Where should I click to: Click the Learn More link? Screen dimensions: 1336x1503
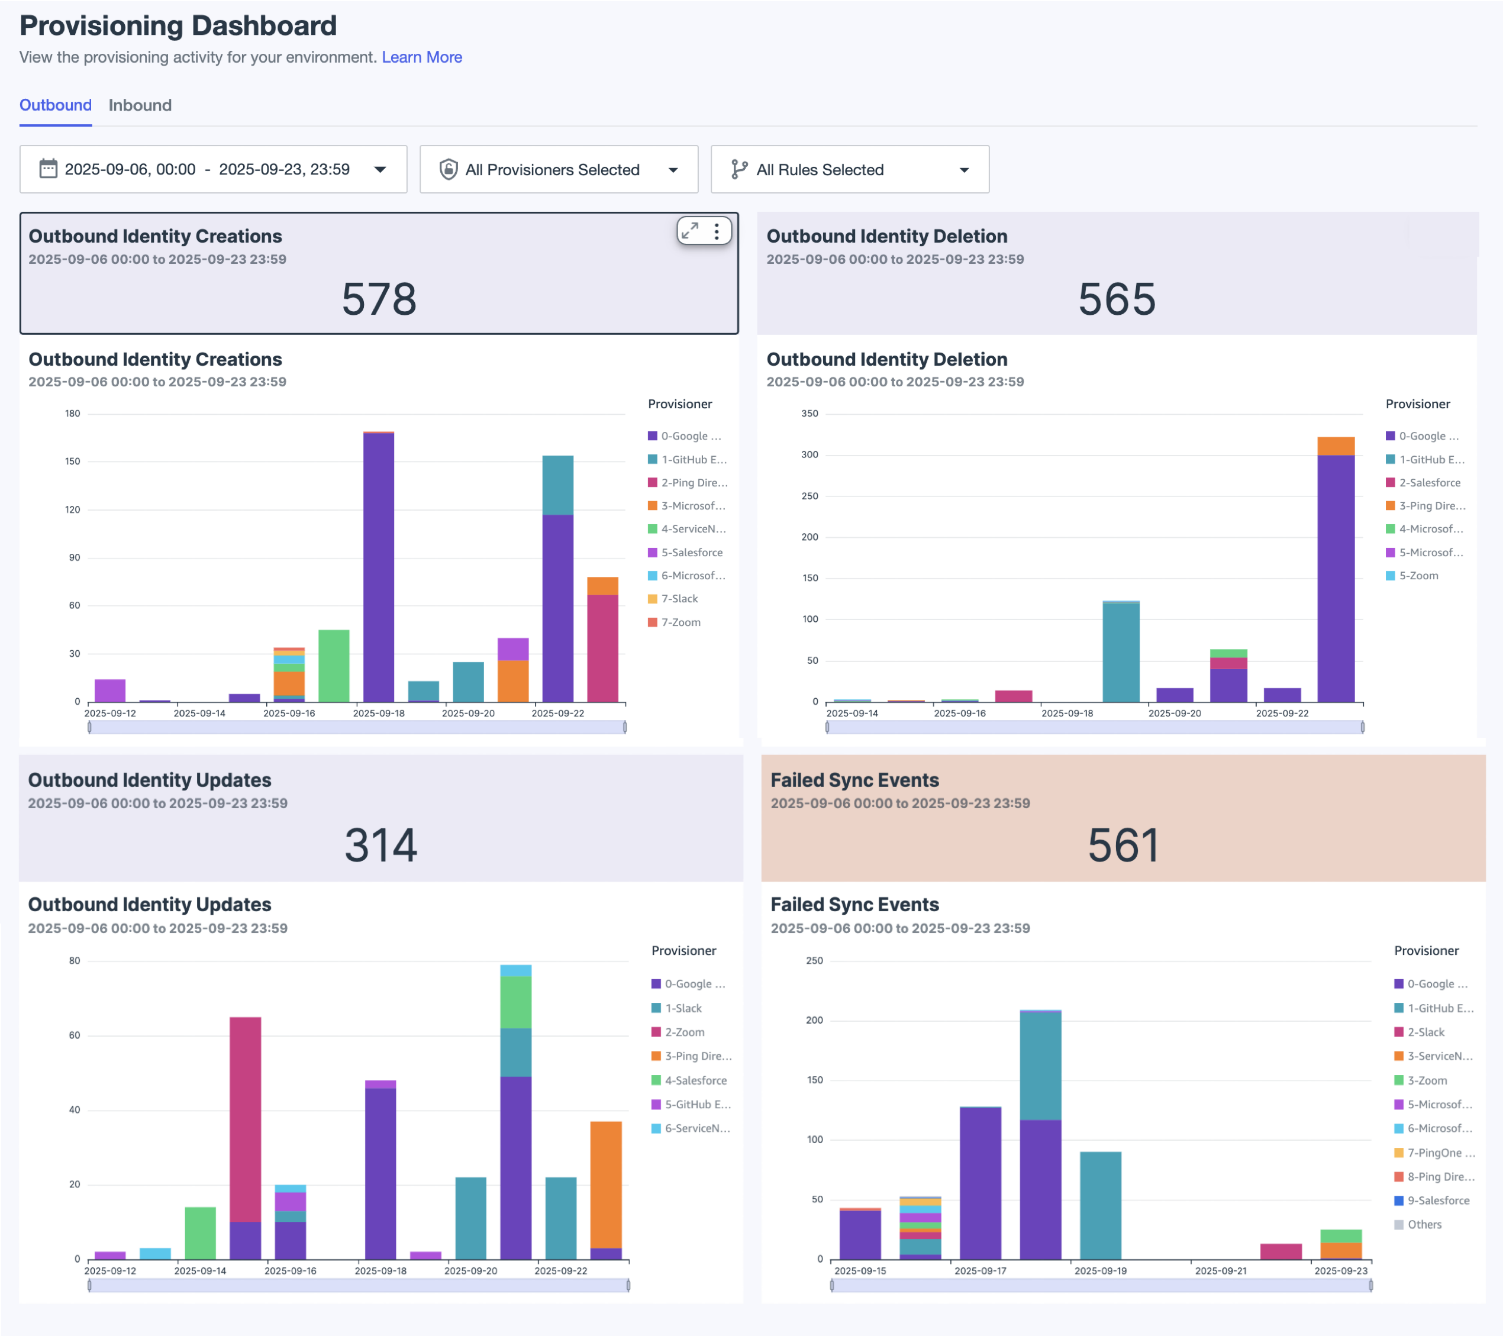click(421, 57)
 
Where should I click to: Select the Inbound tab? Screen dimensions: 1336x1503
click(140, 105)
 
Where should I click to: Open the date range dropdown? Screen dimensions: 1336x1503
click(213, 170)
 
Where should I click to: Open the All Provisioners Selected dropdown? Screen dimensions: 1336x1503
click(558, 170)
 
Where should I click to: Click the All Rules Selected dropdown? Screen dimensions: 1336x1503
click(849, 170)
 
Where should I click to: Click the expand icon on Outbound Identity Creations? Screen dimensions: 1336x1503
click(690, 231)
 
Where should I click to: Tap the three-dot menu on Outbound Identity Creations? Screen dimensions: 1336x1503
click(716, 231)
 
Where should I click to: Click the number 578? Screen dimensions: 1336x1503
click(379, 299)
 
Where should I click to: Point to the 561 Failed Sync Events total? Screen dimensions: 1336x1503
click(1123, 845)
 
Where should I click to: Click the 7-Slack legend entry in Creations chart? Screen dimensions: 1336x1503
click(679, 599)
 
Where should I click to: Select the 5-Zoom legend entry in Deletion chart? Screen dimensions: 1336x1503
click(1418, 576)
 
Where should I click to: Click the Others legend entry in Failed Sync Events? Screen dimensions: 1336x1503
click(1424, 1224)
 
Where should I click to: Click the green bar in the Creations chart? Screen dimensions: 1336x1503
click(334, 666)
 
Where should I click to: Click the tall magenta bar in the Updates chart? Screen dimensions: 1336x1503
click(246, 1118)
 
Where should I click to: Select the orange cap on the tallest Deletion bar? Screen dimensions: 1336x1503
click(1336, 446)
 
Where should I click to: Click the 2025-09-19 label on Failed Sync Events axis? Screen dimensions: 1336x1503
click(1100, 1270)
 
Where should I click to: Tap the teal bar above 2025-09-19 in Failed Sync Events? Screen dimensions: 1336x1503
click(1100, 1206)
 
